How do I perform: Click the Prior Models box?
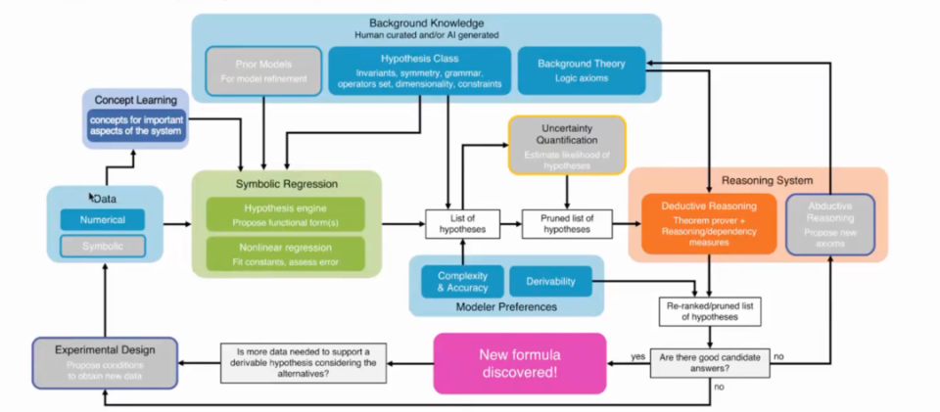point(262,70)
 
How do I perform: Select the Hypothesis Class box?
point(419,70)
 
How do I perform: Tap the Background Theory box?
point(581,70)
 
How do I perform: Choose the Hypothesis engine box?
point(285,214)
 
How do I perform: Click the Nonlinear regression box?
point(285,254)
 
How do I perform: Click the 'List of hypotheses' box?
point(455,223)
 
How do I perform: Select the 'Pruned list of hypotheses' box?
point(566,223)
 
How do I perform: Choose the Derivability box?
point(549,282)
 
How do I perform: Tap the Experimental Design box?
point(106,360)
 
